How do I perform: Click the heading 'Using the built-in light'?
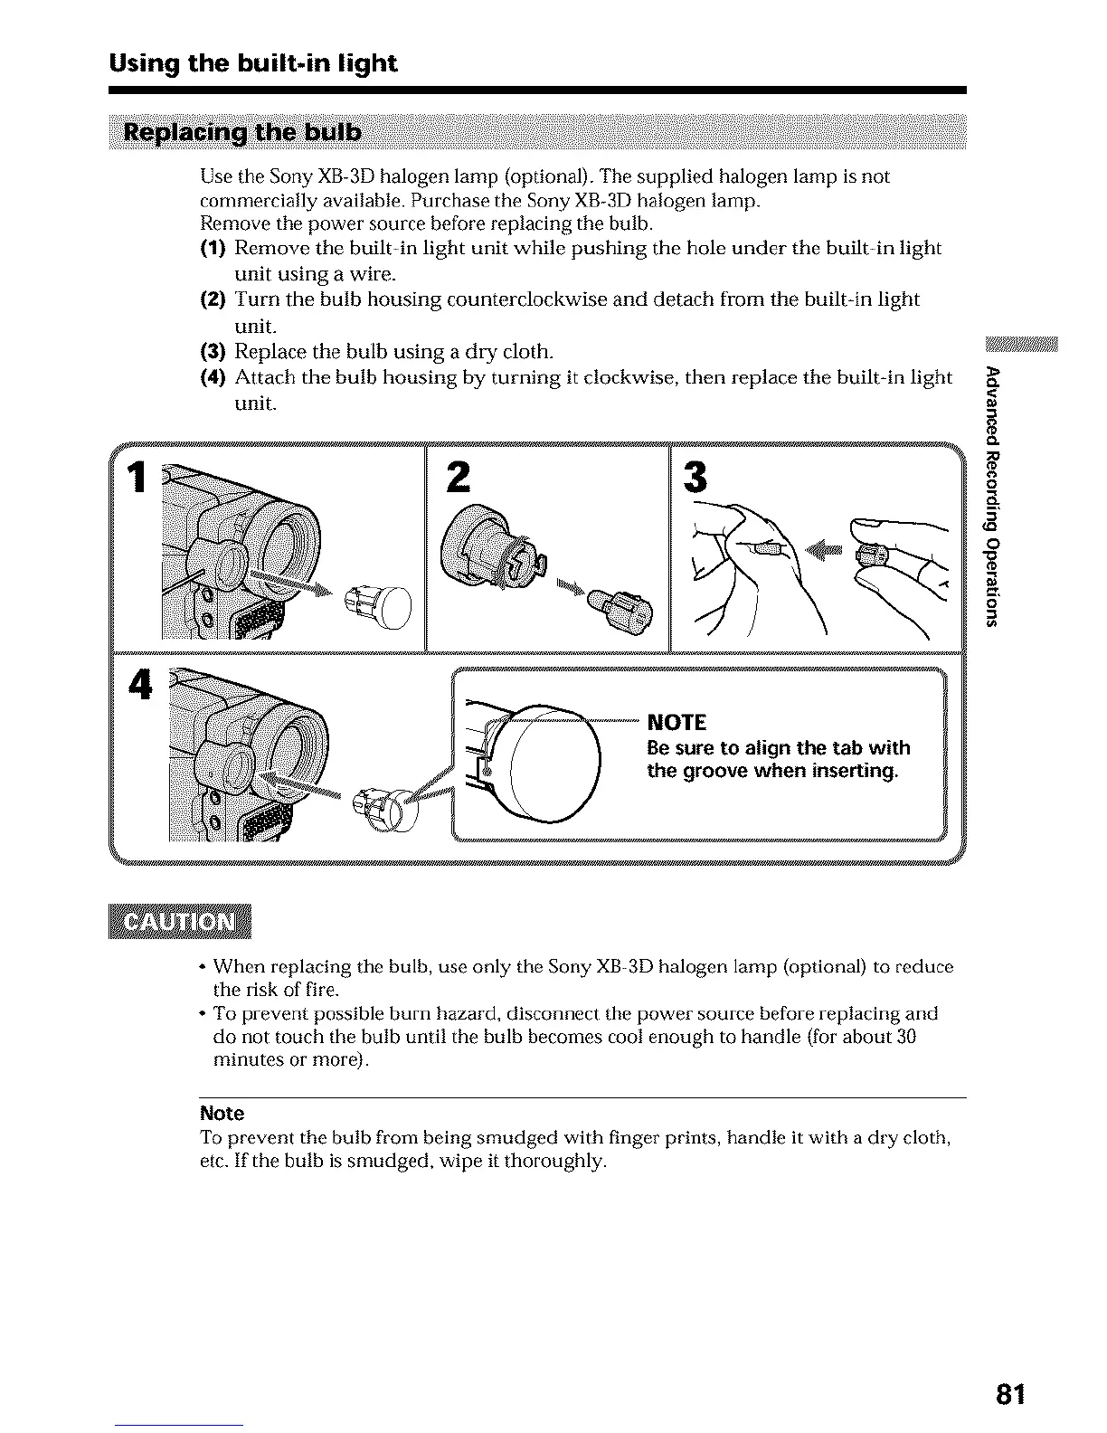pyautogui.click(x=252, y=63)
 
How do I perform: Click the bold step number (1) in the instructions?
pyautogui.click(x=213, y=248)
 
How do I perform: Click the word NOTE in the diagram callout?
pyautogui.click(x=676, y=722)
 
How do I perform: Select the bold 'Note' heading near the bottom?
pyautogui.click(x=222, y=1113)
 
